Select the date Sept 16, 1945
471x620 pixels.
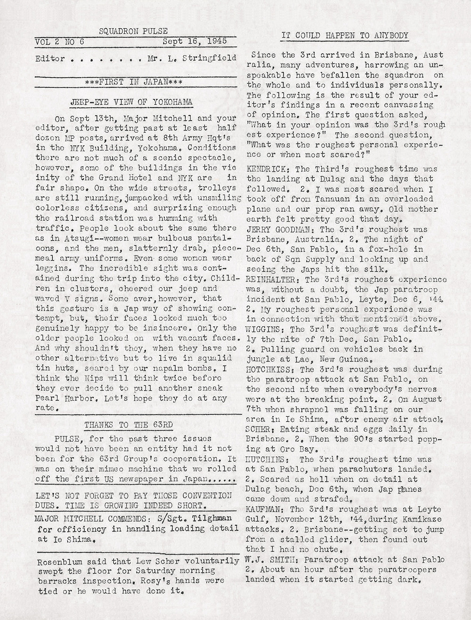(x=194, y=41)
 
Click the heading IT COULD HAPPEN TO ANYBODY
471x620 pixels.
(x=344, y=36)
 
